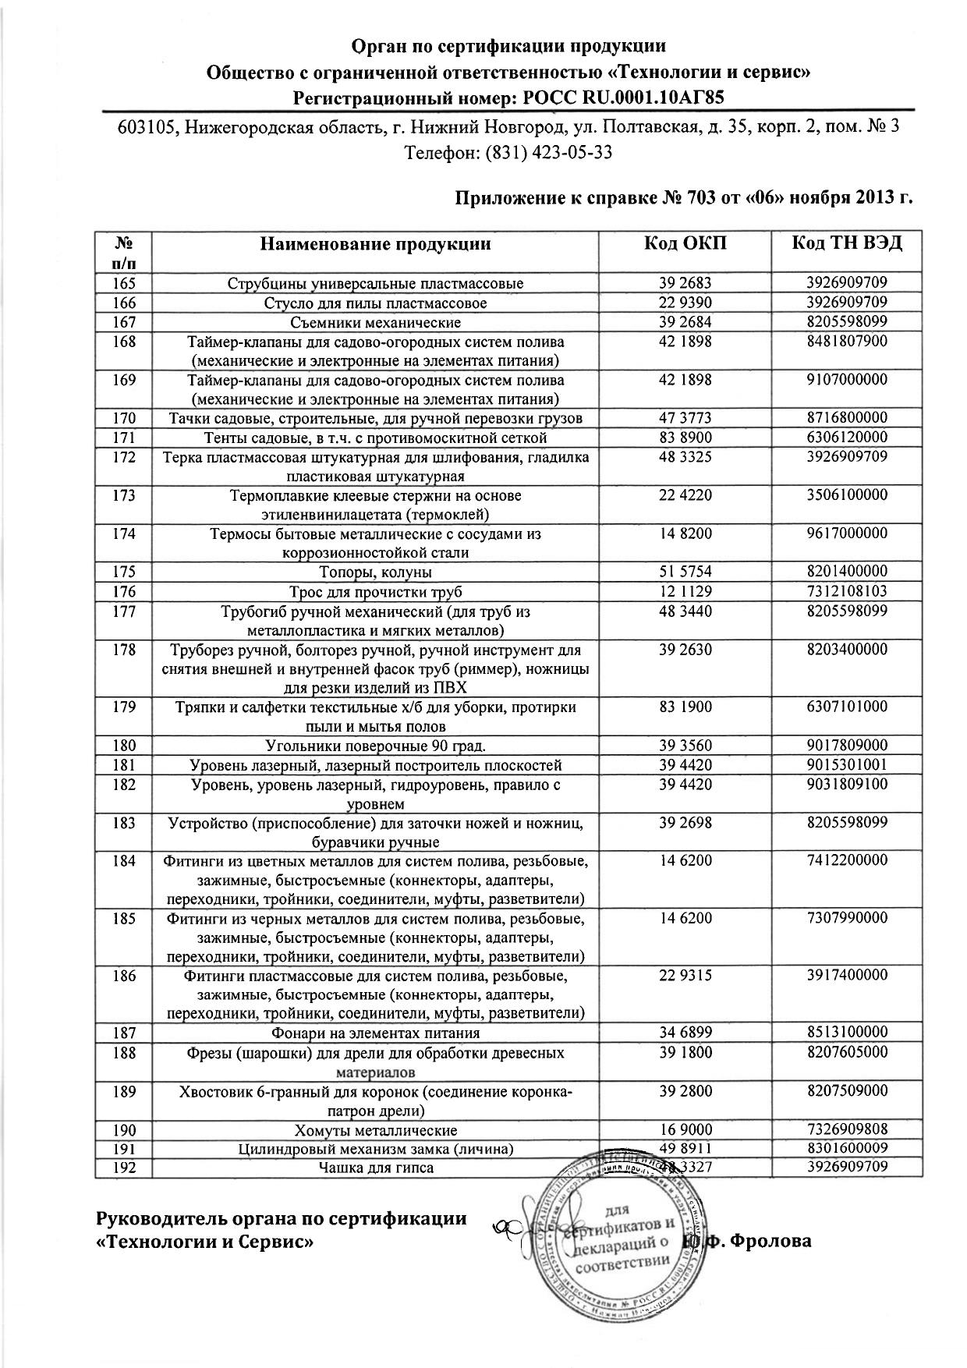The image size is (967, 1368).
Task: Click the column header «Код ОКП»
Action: (x=685, y=243)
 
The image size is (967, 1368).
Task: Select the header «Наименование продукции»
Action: (x=375, y=243)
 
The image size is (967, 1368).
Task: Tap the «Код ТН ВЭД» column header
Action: (x=846, y=243)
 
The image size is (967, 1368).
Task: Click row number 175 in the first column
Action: (x=124, y=572)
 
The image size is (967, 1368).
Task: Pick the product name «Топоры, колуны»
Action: (x=375, y=572)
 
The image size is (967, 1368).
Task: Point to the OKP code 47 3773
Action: (x=685, y=418)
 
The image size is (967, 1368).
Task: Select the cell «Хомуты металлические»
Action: (x=375, y=1130)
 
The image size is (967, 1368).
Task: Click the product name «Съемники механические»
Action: (x=375, y=322)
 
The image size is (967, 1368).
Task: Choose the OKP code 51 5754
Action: (x=685, y=572)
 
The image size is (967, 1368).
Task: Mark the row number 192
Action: (x=124, y=1168)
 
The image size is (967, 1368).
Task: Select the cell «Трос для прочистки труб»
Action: (x=375, y=592)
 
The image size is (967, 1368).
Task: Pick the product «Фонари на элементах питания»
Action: (x=375, y=1033)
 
